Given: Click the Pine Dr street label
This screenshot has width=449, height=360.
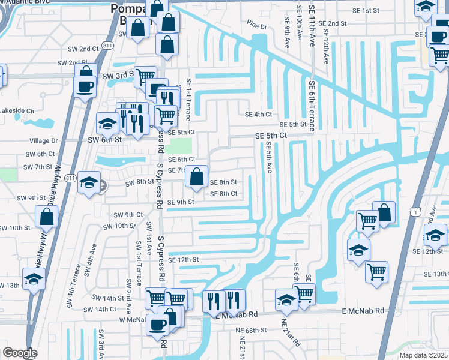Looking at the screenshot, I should coord(256,26).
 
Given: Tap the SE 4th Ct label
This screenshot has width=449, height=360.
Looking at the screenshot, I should coord(258,114).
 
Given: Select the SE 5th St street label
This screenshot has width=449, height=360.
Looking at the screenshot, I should coord(294,124).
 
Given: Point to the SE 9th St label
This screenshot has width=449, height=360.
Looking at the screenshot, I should coord(181,202).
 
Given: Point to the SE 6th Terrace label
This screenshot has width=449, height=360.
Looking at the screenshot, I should coord(312,106).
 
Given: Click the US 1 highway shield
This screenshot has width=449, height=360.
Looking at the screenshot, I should coord(415,211).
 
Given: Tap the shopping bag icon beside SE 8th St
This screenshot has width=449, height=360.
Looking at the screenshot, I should coord(196,177).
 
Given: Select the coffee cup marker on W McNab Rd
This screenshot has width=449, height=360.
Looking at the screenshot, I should coord(158,325).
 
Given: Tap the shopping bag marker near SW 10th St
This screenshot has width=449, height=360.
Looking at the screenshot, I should coord(46,217).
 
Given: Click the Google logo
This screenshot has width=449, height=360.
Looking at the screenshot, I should coord(19,353).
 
